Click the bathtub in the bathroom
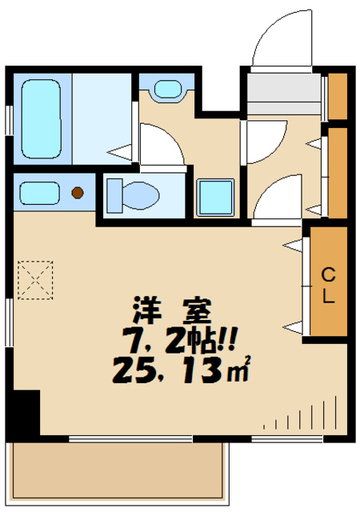(x=41, y=119)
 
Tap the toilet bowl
(x=141, y=195)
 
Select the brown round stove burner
(x=78, y=193)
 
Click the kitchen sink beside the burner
(x=39, y=193)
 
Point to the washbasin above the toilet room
(x=167, y=89)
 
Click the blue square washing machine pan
(x=216, y=198)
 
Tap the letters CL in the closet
(x=328, y=286)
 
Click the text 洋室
(x=173, y=310)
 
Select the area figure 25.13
(x=169, y=370)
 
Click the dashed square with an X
(x=35, y=280)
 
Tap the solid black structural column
(x=23, y=412)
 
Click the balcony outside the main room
(x=118, y=473)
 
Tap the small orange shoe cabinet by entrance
(x=338, y=96)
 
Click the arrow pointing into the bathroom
(x=119, y=153)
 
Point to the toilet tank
(x=114, y=195)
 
